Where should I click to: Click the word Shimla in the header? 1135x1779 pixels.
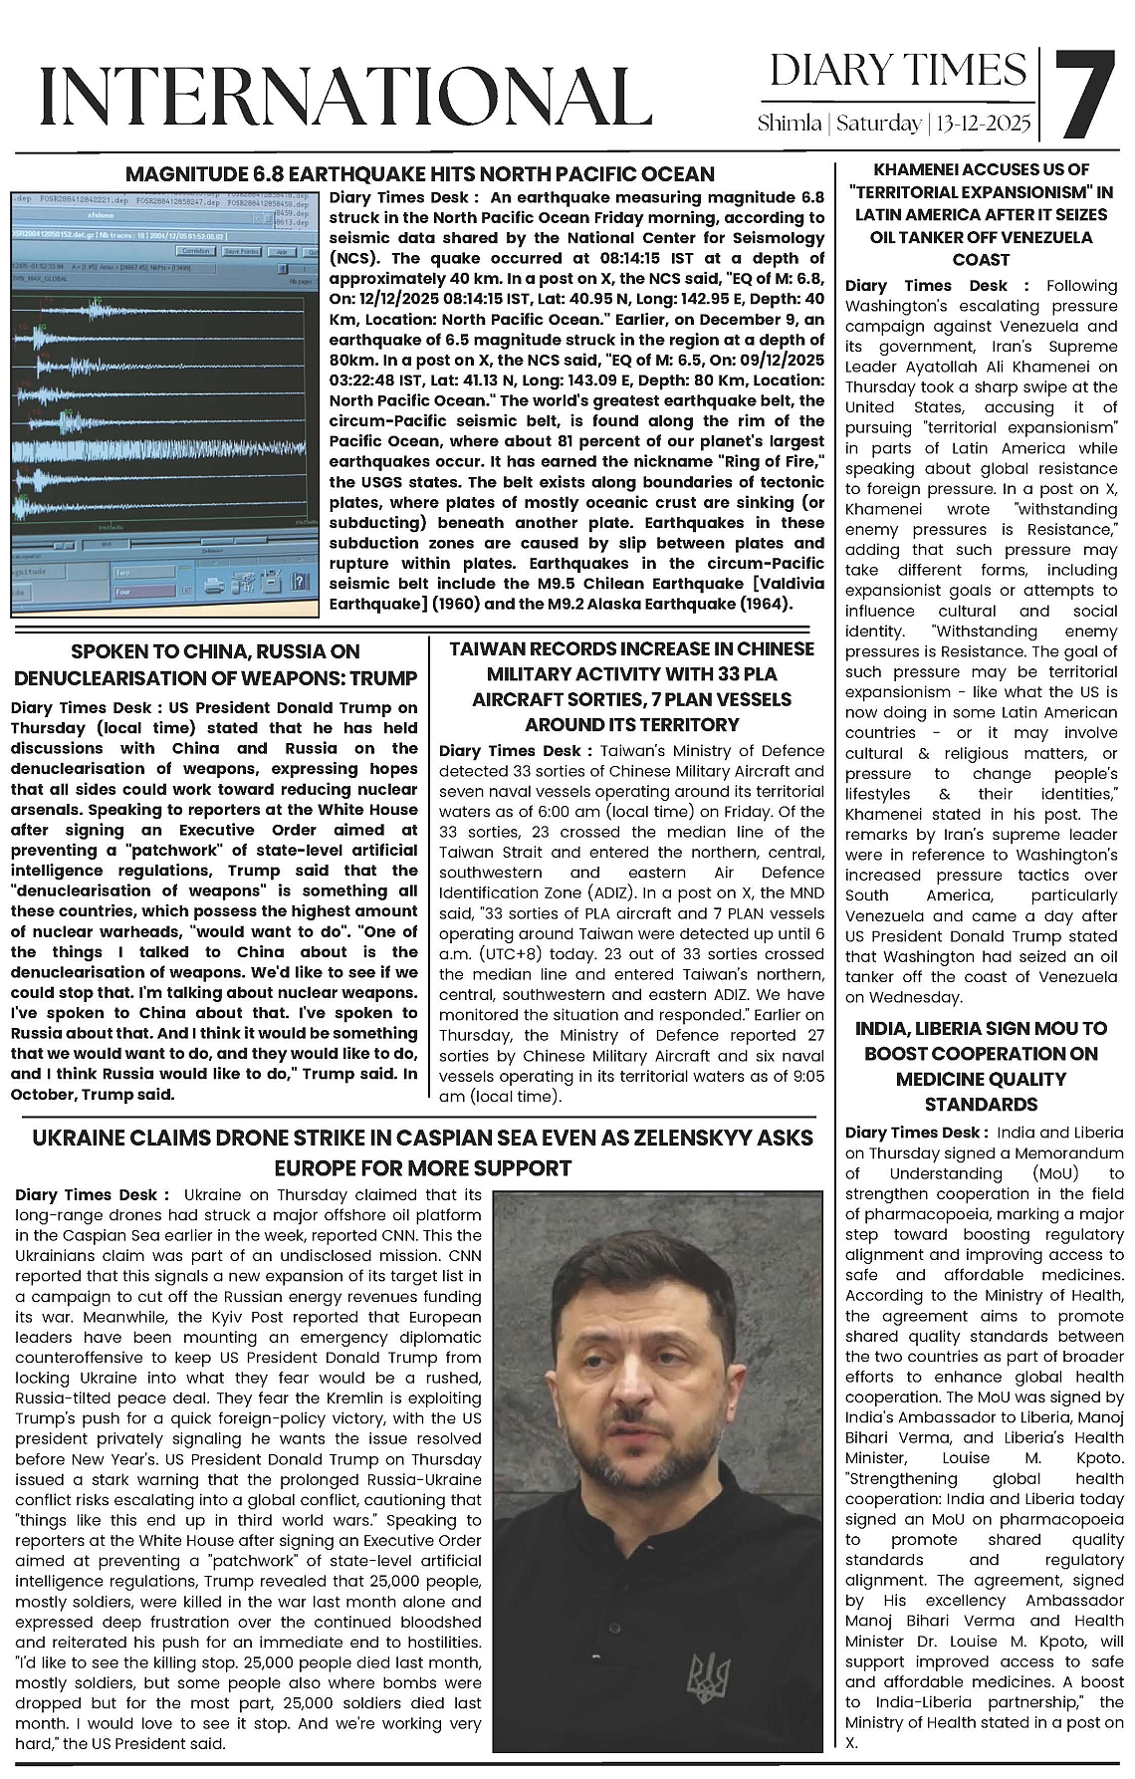tap(789, 124)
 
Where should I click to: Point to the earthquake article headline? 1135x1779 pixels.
tap(419, 174)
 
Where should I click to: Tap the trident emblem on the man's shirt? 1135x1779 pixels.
tap(709, 1676)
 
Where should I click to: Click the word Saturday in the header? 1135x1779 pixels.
tap(878, 124)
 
